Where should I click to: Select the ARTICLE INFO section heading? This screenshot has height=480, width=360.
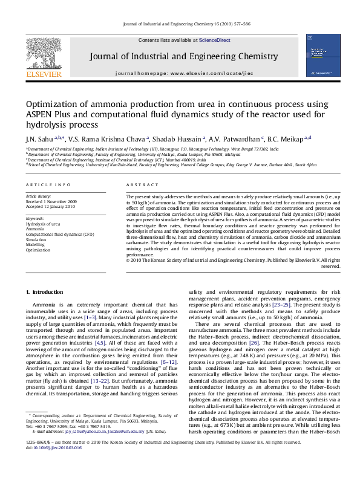(48, 184)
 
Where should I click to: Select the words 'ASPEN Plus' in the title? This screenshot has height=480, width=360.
(48, 114)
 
